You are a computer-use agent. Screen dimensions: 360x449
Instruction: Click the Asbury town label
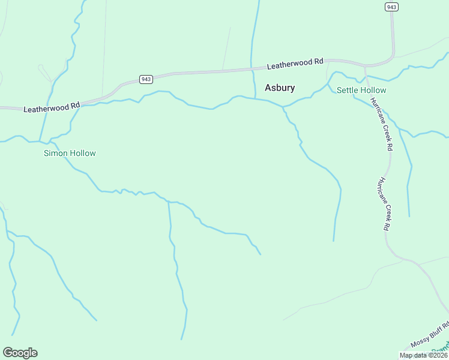280,88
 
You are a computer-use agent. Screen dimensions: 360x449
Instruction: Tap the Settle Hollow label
361,90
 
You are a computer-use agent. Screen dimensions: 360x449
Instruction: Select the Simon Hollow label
70,153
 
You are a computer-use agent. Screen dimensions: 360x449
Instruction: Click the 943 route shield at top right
391,7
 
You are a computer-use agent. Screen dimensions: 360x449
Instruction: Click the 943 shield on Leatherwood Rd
146,79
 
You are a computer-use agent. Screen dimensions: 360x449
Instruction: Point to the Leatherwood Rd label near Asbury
295,62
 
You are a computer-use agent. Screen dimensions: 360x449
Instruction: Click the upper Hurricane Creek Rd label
382,124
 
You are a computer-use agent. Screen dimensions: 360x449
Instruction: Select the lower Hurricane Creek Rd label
384,204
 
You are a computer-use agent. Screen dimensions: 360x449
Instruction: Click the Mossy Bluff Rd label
430,334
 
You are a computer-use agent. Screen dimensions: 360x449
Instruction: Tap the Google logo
20,353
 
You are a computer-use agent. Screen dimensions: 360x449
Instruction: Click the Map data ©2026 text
424,355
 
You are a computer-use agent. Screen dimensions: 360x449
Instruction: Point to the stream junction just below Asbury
283,107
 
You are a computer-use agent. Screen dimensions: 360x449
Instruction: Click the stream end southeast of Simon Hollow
261,254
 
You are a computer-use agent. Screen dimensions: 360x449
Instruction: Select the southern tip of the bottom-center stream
182,340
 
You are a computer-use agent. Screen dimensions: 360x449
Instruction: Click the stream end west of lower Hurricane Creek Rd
333,241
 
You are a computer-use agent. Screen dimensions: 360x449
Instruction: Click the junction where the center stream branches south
169,202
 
